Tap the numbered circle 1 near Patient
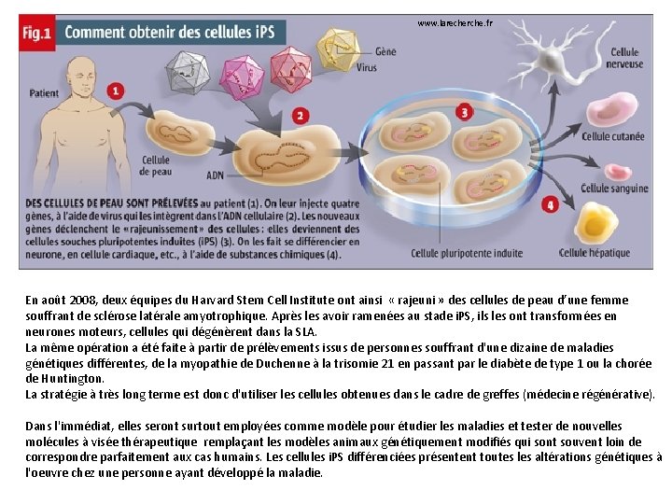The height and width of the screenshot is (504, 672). [x=116, y=91]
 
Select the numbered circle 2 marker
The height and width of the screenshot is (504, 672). [x=299, y=116]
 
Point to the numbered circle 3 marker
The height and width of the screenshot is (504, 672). [x=465, y=113]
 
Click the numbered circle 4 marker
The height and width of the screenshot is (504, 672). [x=550, y=204]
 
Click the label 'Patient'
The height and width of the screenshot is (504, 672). [x=44, y=93]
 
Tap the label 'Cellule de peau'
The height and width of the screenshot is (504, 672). [x=155, y=165]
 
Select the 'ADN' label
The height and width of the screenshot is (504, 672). [x=215, y=175]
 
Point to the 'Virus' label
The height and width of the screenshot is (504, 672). [x=366, y=68]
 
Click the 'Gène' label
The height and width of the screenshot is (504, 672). [x=385, y=51]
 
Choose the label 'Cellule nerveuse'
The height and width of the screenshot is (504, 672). [x=623, y=59]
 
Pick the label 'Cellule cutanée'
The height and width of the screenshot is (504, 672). [x=612, y=136]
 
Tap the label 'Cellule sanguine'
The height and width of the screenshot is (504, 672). [x=613, y=189]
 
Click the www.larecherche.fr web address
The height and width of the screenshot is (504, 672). [x=455, y=22]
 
